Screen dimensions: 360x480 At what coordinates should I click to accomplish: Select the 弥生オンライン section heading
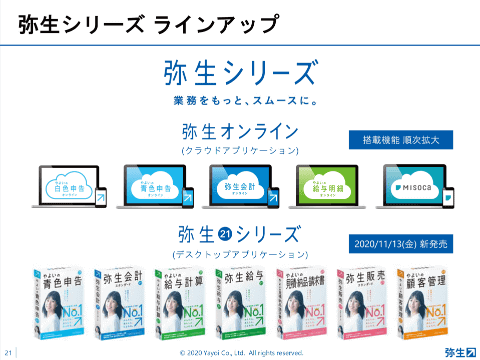coord(240,131)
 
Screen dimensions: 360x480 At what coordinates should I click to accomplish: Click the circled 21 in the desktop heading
coord(225,237)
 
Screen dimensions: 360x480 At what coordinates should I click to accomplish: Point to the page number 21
coord(8,352)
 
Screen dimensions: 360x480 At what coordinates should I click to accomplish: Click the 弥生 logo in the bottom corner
coord(460,351)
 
